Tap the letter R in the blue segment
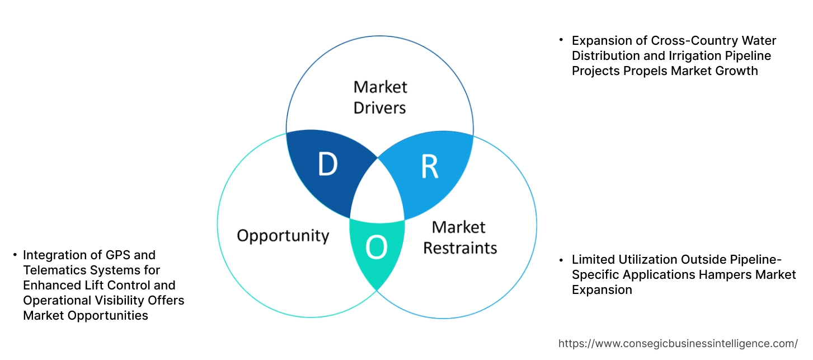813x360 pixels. pos(429,166)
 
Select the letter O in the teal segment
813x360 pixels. pos(377,247)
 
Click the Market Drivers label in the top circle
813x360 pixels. pos(380,97)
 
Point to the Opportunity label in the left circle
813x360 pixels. pos(283,235)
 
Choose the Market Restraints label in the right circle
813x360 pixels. pos(459,237)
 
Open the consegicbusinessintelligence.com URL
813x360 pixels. pos(678,343)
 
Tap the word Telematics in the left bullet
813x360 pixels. pos(52,270)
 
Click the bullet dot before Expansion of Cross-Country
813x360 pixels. pos(561,41)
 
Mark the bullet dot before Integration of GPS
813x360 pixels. pos(15,255)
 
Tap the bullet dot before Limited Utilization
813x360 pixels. pos(561,260)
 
